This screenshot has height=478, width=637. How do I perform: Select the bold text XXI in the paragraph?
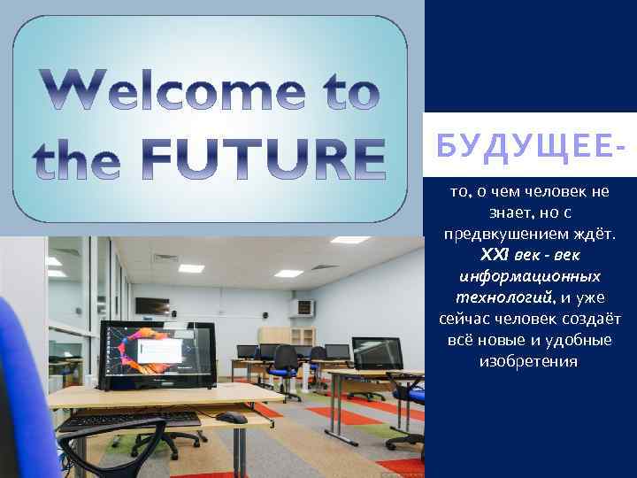493,255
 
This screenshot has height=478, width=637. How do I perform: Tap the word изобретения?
528,361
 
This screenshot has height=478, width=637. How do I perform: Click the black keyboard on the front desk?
133,419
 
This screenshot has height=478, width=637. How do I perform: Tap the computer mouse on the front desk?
231,417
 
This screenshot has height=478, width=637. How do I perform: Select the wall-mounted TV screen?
152,305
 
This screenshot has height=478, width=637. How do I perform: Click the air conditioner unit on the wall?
303,308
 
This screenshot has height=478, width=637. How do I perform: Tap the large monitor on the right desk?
378,352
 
